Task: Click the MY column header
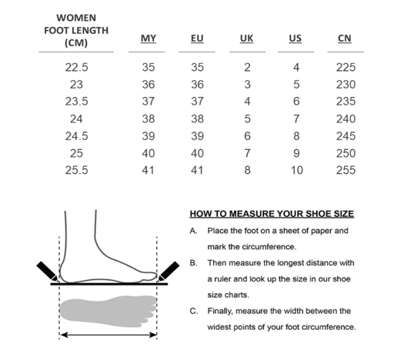pos(149,38)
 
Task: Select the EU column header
pos(196,38)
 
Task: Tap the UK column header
pos(246,38)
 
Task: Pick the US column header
pos(295,38)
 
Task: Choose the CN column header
pos(346,38)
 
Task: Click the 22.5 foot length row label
pos(76,68)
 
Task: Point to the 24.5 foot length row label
pos(76,136)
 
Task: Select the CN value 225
pos(346,68)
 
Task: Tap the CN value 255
pos(346,170)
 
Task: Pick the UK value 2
pos(246,68)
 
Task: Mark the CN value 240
pos(346,119)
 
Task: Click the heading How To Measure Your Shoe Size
pos(272,214)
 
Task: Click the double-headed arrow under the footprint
pos(109,335)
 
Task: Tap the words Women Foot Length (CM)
pos(76,30)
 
